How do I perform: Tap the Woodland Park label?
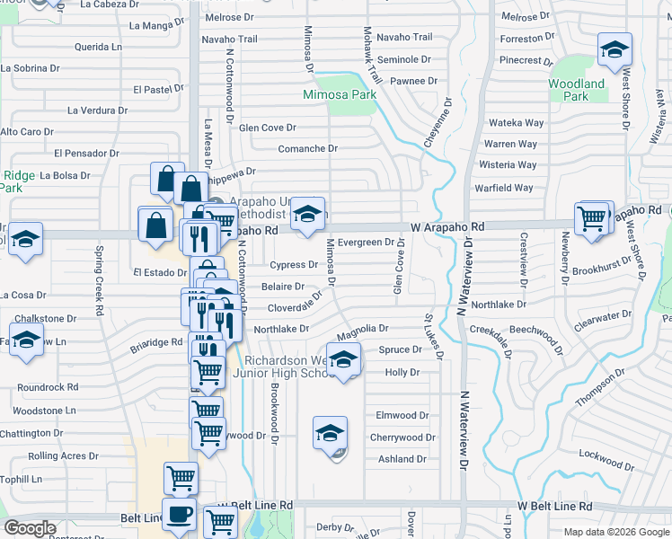coord(575,90)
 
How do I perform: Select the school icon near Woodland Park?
coord(615,50)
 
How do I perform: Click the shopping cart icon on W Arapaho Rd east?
coord(592,219)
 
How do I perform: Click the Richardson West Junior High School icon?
coord(342,361)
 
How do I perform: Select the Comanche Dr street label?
coord(307,148)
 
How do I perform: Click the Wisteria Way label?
coord(509,164)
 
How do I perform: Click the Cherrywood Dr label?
coord(402,437)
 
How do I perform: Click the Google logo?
coord(30,528)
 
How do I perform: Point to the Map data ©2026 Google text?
coord(615,532)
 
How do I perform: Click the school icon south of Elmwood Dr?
coord(330,434)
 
